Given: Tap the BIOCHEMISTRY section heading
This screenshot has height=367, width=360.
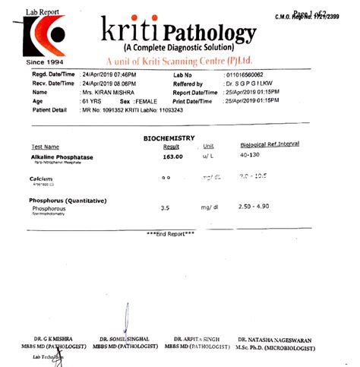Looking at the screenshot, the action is click(x=169, y=138).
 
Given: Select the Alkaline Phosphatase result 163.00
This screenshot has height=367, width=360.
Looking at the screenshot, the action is click(x=172, y=157).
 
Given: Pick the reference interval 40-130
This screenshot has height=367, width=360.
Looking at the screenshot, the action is click(x=250, y=156).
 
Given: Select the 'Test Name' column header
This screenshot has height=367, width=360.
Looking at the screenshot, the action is click(x=45, y=147).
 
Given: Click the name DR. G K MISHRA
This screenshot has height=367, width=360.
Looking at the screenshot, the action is click(x=48, y=338).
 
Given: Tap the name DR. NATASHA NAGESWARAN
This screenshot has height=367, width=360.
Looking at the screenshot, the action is click(x=273, y=338).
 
